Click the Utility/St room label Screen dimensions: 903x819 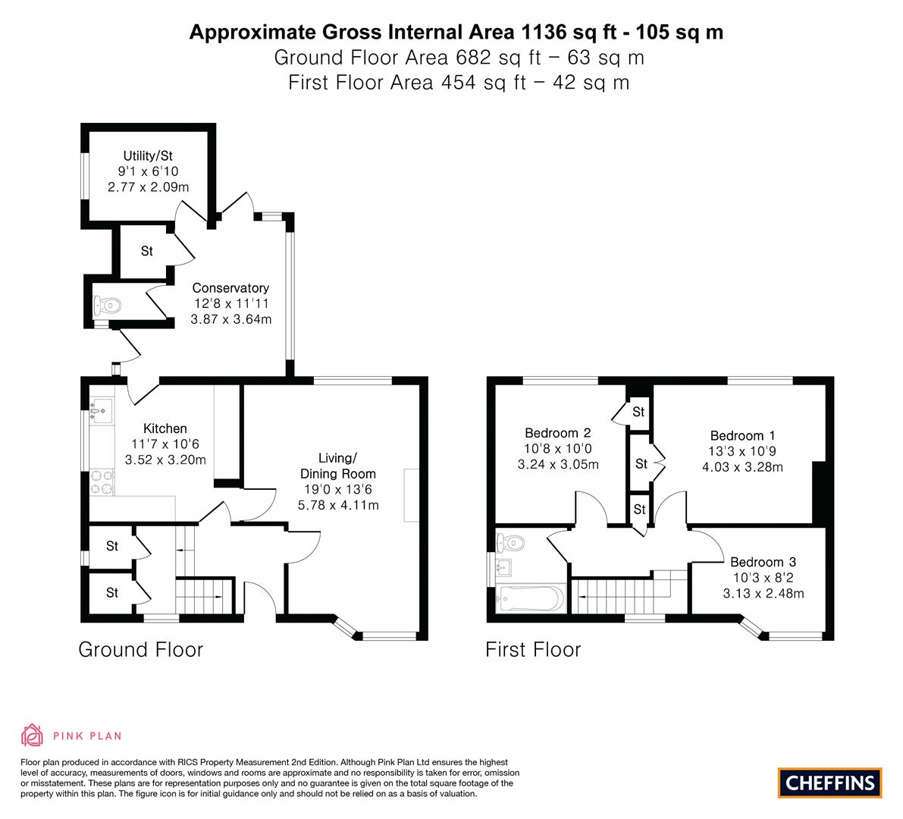coord(148,155)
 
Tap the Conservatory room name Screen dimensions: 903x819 coord(230,287)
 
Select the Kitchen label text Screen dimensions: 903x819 coord(165,428)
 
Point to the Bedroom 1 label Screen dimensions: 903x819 coord(742,435)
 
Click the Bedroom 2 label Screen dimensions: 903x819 coord(557,432)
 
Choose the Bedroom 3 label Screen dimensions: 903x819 coord(763,562)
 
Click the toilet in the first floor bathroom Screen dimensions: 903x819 coord(511,542)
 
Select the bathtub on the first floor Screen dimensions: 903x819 coord(531,599)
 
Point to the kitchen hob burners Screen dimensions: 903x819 coord(102,482)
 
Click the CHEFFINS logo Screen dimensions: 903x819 coord(830,783)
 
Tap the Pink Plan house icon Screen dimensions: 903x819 coord(33,735)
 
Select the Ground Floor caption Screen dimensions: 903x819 coord(140,650)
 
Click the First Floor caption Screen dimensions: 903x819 coord(533,650)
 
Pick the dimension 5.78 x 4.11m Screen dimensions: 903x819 coord(338,505)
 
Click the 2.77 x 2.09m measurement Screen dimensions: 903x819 coord(148,187)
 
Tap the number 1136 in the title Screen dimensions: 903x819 coord(544,32)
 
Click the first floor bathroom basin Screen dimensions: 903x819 coord(504,567)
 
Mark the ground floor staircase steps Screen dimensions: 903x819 coord(204,596)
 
